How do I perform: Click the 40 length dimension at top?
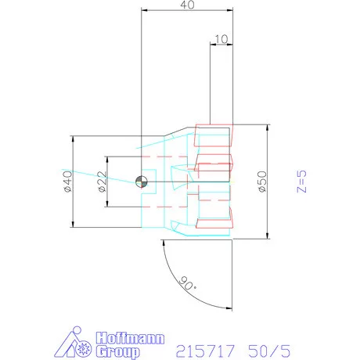[187, 5]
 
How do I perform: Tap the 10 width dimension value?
[221, 39]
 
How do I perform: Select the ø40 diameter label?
[68, 182]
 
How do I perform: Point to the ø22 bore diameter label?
[103, 182]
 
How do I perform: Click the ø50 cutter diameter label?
[262, 182]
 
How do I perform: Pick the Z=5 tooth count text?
[301, 182]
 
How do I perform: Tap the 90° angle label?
[188, 283]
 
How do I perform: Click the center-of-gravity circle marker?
[142, 182]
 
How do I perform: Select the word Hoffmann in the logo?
[130, 338]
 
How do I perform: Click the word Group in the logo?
[117, 351]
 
